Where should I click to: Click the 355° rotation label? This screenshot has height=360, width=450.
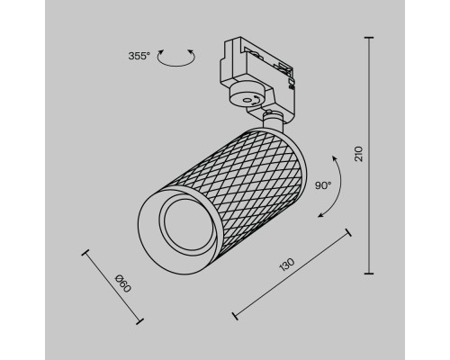pyautogui.click(x=139, y=57)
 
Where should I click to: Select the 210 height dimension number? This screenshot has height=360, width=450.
pyautogui.click(x=358, y=155)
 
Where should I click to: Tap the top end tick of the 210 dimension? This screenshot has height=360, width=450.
pyautogui.click(x=370, y=38)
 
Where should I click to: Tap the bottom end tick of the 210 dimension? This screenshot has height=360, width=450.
pyautogui.click(x=370, y=273)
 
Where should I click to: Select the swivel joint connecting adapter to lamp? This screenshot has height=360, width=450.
pyautogui.click(x=273, y=116)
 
